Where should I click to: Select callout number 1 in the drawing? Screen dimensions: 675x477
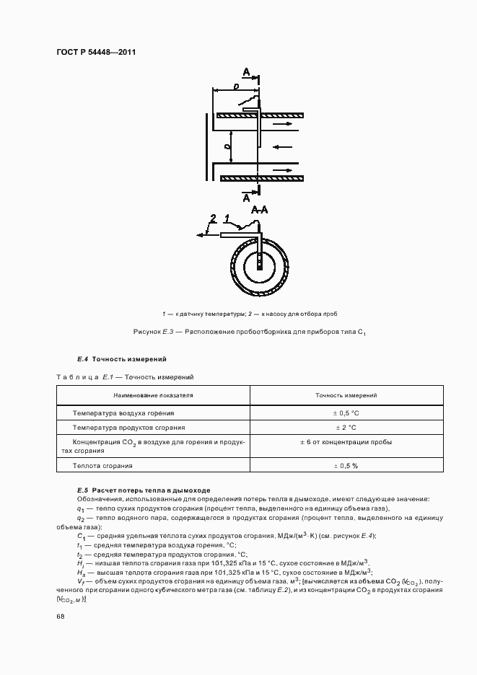click(227, 217)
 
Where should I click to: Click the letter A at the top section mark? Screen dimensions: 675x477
click(247, 73)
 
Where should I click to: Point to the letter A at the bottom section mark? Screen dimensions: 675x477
click(247, 197)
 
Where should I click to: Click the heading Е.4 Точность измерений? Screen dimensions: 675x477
click(121, 358)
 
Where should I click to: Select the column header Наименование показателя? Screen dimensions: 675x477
click(153, 395)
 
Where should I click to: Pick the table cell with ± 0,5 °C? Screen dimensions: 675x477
click(346, 413)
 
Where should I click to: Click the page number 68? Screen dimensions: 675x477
click(60, 616)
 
